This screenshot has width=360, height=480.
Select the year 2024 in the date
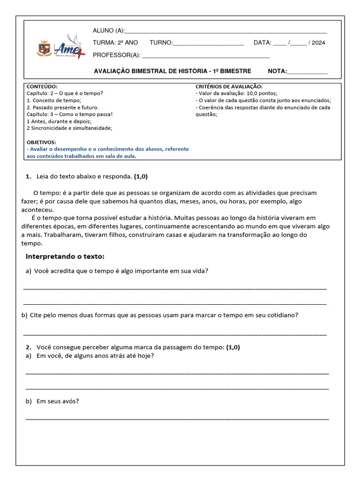pyautogui.click(x=318, y=43)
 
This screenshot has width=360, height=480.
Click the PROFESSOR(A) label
pyautogui.click(x=117, y=55)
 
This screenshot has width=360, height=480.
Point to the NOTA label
pyautogui.click(x=277, y=71)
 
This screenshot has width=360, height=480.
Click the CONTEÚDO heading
pyautogui.click(x=42, y=87)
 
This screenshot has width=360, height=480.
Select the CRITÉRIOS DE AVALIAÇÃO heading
pyautogui.click(x=229, y=87)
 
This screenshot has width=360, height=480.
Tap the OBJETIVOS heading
pyautogui.click(x=41, y=142)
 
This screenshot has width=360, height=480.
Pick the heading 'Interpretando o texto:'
pyautogui.click(x=65, y=256)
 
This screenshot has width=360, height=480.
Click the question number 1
pyautogui.click(x=28, y=177)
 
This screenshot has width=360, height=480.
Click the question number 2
pyautogui.click(x=28, y=347)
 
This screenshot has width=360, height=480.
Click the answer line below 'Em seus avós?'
pyautogui.click(x=177, y=418)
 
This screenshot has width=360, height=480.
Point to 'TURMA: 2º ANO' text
pyautogui.click(x=115, y=43)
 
